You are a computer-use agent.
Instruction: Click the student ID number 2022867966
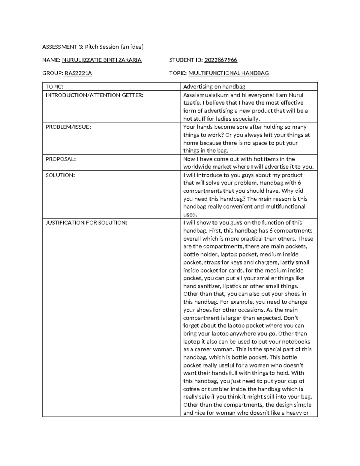click(220, 60)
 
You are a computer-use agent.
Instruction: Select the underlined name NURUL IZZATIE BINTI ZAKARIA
click(102, 60)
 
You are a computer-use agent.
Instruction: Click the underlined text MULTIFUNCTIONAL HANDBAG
click(229, 73)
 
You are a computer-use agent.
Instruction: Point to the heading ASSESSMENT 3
click(63, 47)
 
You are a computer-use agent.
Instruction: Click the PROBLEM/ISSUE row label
click(68, 127)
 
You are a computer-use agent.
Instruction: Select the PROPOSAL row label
click(61, 159)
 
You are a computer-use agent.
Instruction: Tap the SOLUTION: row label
click(60, 175)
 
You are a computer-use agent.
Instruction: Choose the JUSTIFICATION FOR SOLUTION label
click(86, 223)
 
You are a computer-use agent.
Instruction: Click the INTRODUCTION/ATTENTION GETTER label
click(94, 95)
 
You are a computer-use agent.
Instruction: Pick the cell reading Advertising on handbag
click(214, 87)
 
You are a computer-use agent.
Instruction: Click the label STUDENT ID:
click(186, 60)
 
